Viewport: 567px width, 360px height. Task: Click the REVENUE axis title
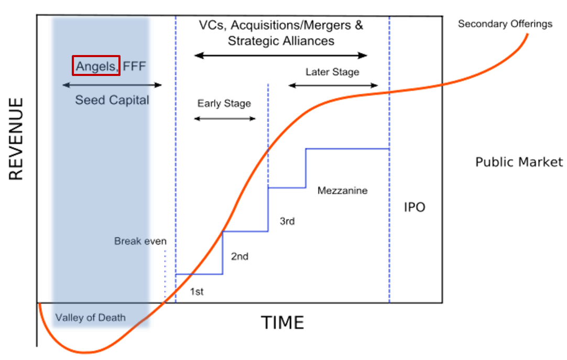click(x=17, y=138)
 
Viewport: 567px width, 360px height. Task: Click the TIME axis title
click(x=282, y=323)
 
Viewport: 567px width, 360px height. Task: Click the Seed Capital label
click(x=112, y=100)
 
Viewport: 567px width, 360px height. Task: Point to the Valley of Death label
click(x=90, y=318)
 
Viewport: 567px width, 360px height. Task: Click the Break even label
click(x=140, y=242)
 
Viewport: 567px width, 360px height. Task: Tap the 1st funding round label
click(x=197, y=292)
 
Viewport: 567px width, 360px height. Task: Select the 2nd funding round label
click(x=239, y=257)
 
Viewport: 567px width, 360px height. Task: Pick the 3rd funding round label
click(x=287, y=221)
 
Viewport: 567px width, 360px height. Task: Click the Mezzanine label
click(x=343, y=191)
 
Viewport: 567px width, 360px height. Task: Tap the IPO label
click(x=415, y=207)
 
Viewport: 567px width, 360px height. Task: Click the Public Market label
click(x=519, y=162)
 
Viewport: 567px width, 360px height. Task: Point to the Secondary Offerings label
click(x=505, y=24)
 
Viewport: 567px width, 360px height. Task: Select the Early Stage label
click(x=224, y=104)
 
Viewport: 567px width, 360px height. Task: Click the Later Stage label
click(x=333, y=72)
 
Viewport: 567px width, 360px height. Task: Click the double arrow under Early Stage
click(x=224, y=119)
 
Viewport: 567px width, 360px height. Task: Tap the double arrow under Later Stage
click(x=333, y=85)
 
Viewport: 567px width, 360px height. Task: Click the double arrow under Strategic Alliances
click(x=280, y=55)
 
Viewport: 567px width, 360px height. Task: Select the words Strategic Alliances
click(x=281, y=41)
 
